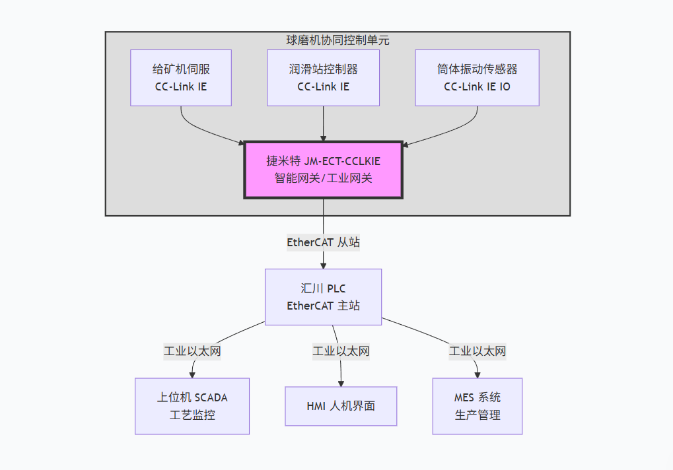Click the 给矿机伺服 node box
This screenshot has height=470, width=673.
[181, 77]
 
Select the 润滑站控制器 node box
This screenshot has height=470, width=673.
[323, 77]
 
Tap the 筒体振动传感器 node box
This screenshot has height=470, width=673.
[477, 77]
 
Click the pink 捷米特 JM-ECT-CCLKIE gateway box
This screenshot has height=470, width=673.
[323, 169]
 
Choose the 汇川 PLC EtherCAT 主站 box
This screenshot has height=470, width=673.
[323, 296]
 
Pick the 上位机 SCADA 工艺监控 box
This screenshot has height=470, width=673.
[192, 406]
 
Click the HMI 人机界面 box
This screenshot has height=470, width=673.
[341, 406]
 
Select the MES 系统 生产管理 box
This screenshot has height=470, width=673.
[477, 406]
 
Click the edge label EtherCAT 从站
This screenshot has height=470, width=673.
[323, 242]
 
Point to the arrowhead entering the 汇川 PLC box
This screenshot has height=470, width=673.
[323, 265]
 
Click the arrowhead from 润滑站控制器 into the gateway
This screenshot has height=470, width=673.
[323, 137]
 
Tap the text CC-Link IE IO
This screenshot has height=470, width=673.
[477, 86]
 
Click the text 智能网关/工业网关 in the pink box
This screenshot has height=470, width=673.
[323, 178]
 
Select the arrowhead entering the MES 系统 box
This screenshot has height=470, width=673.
[477, 374]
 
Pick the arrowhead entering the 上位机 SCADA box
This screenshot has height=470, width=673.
[192, 374]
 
